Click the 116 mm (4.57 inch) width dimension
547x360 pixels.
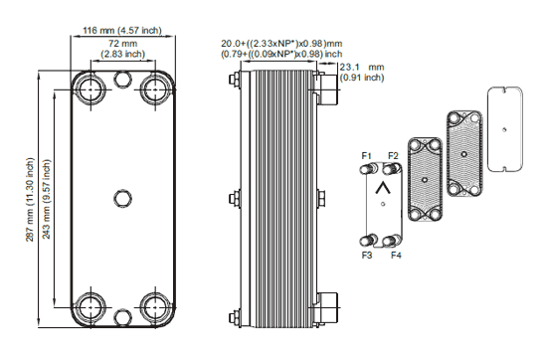(x=122, y=31)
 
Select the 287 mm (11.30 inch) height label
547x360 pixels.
(x=30, y=199)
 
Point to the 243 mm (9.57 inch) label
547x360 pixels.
(x=47, y=199)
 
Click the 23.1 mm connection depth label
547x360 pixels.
(x=362, y=73)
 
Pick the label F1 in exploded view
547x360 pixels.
(x=366, y=155)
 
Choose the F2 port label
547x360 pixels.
(x=393, y=155)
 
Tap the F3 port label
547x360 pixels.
(x=367, y=256)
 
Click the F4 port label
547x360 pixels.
(x=396, y=256)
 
